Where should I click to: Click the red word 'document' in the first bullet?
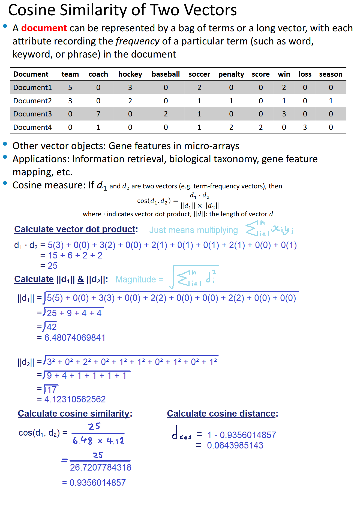coord(44,28)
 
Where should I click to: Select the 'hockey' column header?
coord(130,74)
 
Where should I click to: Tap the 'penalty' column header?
coord(231,74)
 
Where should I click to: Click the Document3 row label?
coord(32,114)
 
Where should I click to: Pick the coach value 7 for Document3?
coord(98,114)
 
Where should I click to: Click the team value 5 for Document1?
coord(70,88)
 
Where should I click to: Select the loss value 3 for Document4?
coord(305,127)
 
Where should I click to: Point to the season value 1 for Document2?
coord(331,101)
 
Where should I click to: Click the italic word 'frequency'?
coord(137,41)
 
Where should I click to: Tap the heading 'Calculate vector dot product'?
coord(75,229)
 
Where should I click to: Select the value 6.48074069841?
coord(75,338)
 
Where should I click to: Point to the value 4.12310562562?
coord(75,399)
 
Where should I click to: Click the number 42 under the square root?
coord(52,327)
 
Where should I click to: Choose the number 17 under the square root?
coord(52,390)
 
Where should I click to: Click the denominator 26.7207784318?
coord(101,468)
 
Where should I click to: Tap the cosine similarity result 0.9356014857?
coord(97,483)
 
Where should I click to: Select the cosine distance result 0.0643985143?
coord(235,445)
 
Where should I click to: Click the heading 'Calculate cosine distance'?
coord(221,414)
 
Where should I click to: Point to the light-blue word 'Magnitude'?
coord(136,279)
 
